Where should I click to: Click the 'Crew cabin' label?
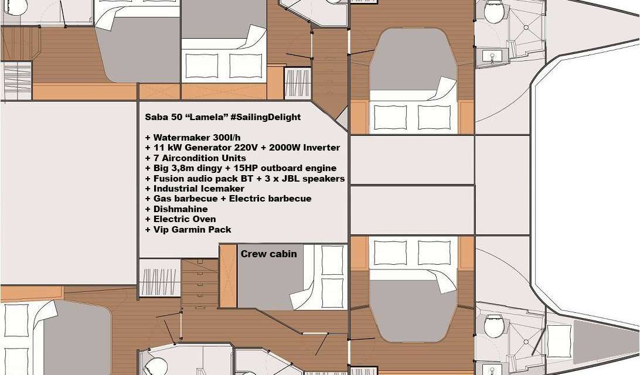pos(268,254)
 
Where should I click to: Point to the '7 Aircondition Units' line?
pos(195,158)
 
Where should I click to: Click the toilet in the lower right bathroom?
pos(493,323)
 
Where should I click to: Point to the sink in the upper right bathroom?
pos(492,57)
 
